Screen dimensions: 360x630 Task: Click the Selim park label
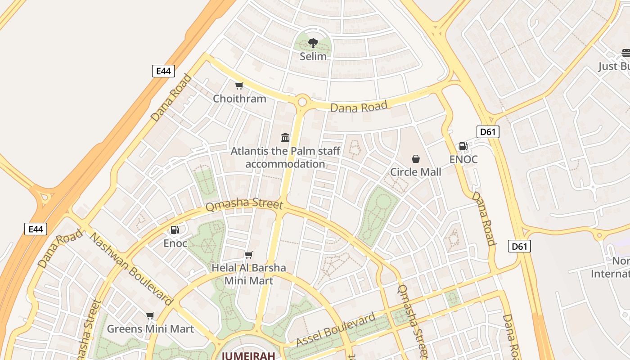coord(313,57)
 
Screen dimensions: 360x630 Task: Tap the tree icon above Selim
coord(313,43)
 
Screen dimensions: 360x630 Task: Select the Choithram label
coord(239,99)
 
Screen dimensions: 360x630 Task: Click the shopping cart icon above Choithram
coord(239,85)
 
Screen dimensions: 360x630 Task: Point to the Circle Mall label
coord(415,172)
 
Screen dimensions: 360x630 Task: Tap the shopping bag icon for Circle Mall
coord(415,159)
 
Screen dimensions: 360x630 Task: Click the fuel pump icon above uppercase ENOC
coord(463,146)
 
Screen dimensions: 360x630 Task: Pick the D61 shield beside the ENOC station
coord(488,132)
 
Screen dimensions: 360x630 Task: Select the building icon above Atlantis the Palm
coord(285,137)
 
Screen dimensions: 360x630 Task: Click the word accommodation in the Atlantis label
coord(285,164)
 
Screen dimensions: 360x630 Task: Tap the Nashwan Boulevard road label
coord(131,269)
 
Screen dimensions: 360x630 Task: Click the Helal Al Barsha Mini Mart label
coord(248,274)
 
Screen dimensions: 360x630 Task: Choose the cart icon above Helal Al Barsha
coord(248,255)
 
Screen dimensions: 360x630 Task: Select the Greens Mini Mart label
coord(150,329)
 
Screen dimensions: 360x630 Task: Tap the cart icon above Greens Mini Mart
coord(150,316)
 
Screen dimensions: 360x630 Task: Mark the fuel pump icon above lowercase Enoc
coord(175,230)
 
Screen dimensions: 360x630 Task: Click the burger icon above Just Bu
coord(626,53)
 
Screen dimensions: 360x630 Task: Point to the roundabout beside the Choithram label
coord(302,101)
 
